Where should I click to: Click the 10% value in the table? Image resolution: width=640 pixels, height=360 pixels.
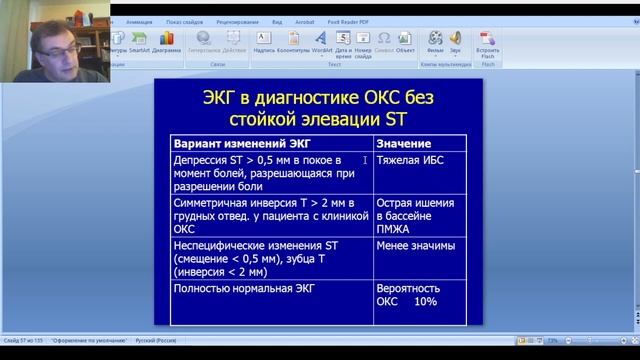pyautogui.click(x=425, y=301)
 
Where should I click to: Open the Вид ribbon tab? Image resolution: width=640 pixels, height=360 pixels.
pyautogui.click(x=277, y=19)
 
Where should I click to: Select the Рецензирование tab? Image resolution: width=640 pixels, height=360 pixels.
pyautogui.click(x=237, y=19)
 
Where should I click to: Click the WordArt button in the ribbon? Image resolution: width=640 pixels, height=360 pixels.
pyautogui.click(x=321, y=42)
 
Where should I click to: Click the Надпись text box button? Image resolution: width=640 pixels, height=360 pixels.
pyautogui.click(x=263, y=41)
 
